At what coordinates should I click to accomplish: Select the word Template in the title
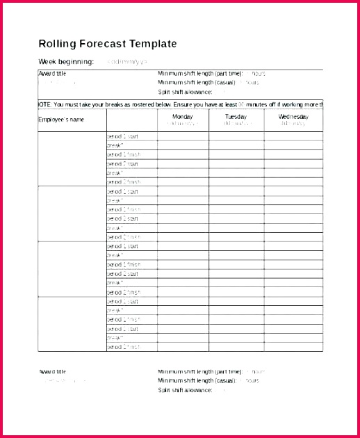154,44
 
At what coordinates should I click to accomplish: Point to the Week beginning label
66,62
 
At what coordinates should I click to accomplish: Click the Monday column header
183,117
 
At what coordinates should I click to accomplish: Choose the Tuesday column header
236,117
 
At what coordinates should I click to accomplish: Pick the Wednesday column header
293,117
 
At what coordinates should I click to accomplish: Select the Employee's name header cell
61,120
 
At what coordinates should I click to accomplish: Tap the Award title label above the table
53,73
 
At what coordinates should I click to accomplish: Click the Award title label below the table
53,371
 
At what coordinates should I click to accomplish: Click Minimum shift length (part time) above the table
200,73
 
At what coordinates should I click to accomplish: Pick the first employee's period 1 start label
123,137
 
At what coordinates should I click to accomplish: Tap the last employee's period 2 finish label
123,346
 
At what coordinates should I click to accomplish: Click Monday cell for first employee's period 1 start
183,137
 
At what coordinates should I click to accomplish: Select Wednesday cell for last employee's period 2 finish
293,346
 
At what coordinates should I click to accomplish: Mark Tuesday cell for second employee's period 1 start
236,191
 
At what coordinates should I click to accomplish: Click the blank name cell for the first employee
72,159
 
